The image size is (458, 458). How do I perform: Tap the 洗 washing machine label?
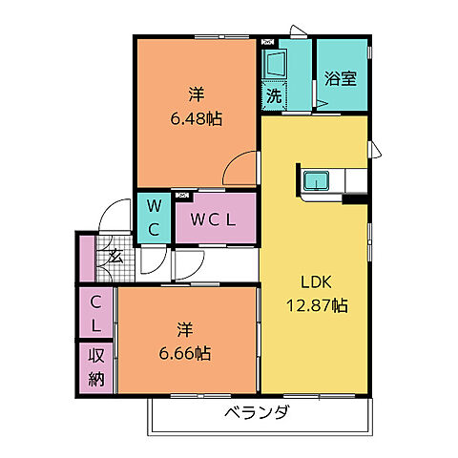[274, 95]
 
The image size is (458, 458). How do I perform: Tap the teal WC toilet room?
[154, 218]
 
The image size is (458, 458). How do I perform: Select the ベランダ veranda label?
[257, 413]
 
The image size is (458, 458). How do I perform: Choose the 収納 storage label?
[96, 366]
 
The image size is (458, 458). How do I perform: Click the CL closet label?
[96, 313]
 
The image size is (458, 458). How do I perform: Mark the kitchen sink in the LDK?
[316, 180]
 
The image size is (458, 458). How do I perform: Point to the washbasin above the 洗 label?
[276, 65]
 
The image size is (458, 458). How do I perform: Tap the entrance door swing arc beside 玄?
[119, 214]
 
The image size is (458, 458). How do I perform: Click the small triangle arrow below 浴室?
[332, 106]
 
